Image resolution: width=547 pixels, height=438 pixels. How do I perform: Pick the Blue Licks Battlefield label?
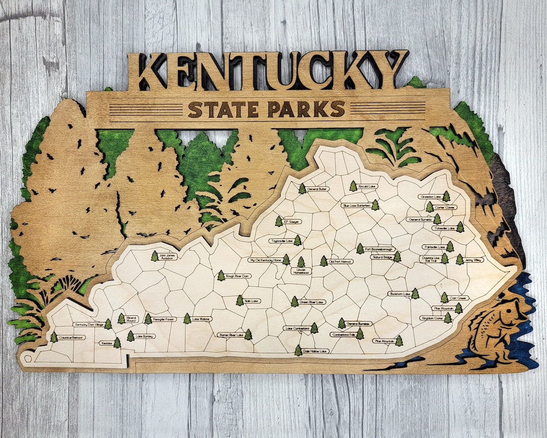pyautogui.click(x=357, y=206)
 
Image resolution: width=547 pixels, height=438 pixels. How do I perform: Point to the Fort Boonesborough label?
pyautogui.click(x=379, y=249)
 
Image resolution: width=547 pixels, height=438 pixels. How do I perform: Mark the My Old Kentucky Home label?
pyautogui.click(x=264, y=260)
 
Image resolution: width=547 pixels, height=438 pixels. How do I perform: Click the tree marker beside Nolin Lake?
pyautogui.click(x=240, y=301)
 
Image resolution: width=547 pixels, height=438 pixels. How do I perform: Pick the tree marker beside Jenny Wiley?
pyautogui.click(x=459, y=260)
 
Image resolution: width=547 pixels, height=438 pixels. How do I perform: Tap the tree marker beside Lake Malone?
pyautogui.click(x=187, y=318)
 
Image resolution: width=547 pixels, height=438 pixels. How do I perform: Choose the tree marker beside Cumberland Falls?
pyautogui.click(x=360, y=334)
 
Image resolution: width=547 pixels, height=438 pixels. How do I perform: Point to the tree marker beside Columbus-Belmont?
pyautogui.click(x=54, y=337)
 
